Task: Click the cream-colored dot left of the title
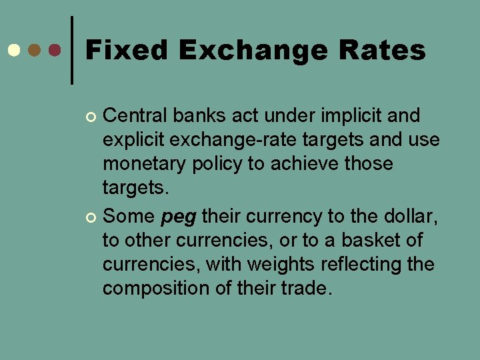[x=13, y=51]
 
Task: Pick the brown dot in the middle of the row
[x=34, y=51]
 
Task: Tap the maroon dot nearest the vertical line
[x=55, y=51]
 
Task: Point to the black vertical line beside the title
[x=72, y=50]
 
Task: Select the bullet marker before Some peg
[x=92, y=217]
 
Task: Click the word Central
[x=137, y=116]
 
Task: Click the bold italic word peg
[x=179, y=217]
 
